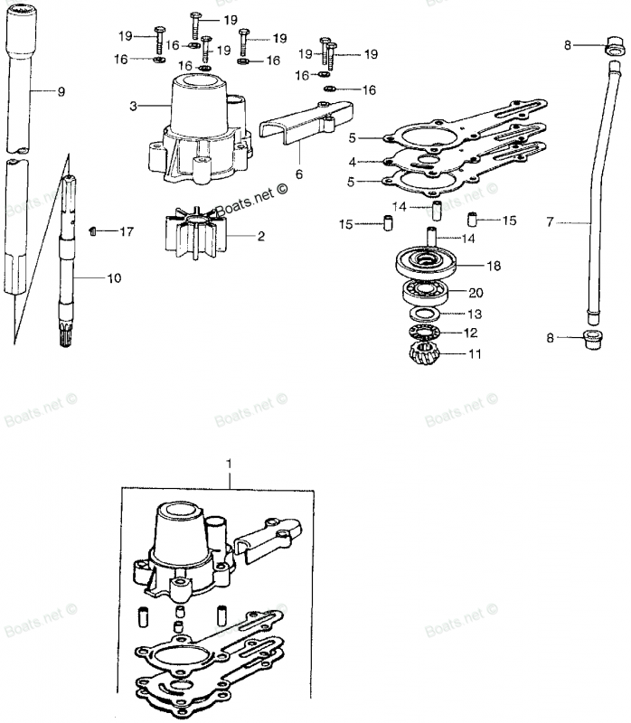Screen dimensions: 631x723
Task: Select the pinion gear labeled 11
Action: point(424,353)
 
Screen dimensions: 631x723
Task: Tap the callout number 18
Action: point(493,266)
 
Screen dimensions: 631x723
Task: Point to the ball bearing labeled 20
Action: point(425,291)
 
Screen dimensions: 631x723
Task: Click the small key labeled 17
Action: point(92,230)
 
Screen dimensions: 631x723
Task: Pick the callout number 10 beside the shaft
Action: point(114,278)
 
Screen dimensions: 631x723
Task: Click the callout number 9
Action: point(61,91)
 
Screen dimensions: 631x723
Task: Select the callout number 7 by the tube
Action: point(550,222)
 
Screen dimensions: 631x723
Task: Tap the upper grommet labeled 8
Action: point(614,46)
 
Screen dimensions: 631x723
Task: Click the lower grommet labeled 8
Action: point(593,339)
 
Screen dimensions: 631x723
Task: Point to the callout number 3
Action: point(133,107)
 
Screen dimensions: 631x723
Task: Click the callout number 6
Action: point(299,174)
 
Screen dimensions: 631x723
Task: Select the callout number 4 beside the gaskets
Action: point(353,163)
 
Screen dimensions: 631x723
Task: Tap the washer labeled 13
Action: point(424,315)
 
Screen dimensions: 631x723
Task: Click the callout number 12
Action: point(470,333)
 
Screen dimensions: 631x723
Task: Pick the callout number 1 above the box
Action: point(230,463)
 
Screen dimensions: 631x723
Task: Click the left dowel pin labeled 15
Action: point(388,222)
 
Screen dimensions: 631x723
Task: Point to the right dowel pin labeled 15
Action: point(472,219)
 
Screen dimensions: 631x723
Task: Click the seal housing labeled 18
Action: point(426,262)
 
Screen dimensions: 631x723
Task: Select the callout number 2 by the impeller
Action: point(261,236)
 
